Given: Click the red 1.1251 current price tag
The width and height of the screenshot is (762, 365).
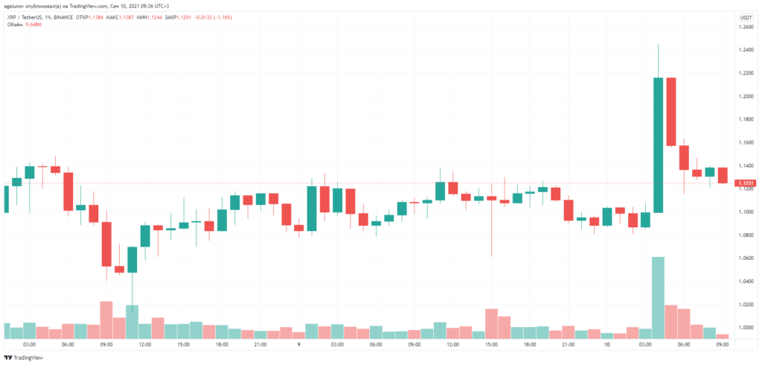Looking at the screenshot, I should [x=744, y=183].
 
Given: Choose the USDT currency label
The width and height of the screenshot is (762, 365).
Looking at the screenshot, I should [x=744, y=17].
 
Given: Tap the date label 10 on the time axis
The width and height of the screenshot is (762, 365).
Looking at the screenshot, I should [x=607, y=345].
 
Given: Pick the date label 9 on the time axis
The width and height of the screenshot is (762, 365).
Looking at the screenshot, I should [x=298, y=345].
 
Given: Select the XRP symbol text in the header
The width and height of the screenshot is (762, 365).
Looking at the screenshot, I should [x=11, y=16].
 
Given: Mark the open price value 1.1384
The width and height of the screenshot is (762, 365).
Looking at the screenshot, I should [x=131, y=16].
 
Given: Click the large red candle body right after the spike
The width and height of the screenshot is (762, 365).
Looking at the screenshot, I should [x=671, y=112].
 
